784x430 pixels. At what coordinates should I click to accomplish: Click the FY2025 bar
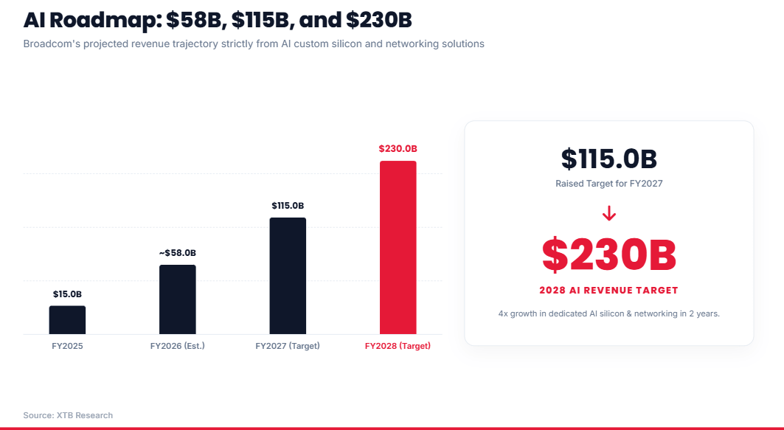click(x=68, y=320)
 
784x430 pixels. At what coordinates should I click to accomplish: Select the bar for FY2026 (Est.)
click(x=178, y=299)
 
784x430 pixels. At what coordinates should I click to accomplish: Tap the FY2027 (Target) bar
click(x=288, y=276)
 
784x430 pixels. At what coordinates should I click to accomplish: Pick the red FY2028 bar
click(x=398, y=248)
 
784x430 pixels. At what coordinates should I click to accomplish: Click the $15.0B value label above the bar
click(x=68, y=294)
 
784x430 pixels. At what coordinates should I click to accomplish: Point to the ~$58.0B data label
click(x=178, y=253)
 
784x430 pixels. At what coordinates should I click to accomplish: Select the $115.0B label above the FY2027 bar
click(x=288, y=206)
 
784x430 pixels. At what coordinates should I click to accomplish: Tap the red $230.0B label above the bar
click(x=398, y=148)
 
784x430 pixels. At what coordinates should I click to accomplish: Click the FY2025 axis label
click(x=68, y=346)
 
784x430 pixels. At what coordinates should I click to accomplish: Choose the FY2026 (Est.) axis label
click(x=178, y=346)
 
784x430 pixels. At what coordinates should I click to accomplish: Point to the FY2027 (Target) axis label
click(x=288, y=346)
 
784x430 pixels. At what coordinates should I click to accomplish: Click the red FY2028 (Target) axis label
click(x=398, y=346)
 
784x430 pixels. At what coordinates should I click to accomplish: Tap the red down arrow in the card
click(x=609, y=214)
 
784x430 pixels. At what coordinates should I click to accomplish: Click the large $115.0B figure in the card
click(x=609, y=159)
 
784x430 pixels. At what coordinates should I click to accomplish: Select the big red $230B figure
click(x=609, y=255)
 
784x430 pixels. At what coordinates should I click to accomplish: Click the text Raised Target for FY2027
click(x=609, y=184)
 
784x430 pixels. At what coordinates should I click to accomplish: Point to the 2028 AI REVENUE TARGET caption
click(x=609, y=291)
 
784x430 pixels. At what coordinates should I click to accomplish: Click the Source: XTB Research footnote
click(x=68, y=415)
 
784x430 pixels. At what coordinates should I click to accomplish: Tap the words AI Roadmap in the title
click(x=91, y=21)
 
